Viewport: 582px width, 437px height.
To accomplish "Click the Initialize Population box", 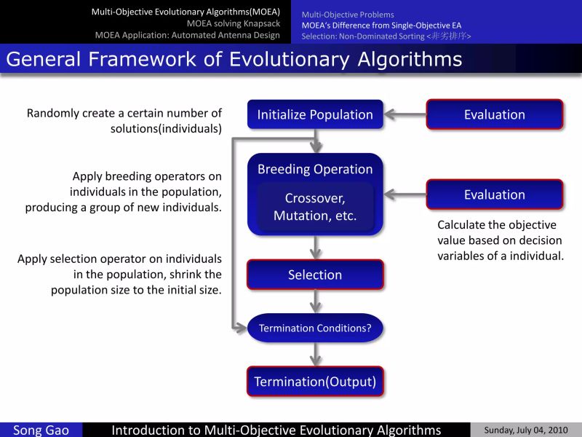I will click(x=315, y=114).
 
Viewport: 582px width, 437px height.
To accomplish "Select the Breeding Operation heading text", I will click(x=315, y=169).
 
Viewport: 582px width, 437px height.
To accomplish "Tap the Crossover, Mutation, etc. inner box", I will click(x=315, y=207).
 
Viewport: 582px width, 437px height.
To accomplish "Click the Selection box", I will click(x=315, y=275).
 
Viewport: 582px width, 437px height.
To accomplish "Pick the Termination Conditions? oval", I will click(x=315, y=328).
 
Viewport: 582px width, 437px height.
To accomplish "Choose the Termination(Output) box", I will click(x=315, y=382).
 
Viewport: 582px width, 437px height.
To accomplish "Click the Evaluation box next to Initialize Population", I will click(x=494, y=114).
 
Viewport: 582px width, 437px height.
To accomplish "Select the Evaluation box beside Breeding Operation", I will click(x=494, y=194).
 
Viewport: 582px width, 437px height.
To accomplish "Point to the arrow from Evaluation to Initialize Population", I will click(x=404, y=114).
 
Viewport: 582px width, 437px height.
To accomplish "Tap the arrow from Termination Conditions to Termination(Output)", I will click(x=315, y=354).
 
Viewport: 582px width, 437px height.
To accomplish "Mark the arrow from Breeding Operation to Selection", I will click(x=315, y=248).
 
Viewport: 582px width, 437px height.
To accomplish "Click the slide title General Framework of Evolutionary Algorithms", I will click(x=234, y=59).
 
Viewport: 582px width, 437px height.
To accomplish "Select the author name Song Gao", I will click(x=41, y=430).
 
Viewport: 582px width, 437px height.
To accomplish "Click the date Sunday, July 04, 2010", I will click(x=526, y=430).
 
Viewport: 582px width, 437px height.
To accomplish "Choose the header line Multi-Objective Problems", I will click(x=348, y=14).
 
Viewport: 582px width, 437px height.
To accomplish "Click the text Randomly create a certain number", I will click(x=124, y=114).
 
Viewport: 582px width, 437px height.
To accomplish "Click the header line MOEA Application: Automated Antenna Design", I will click(x=187, y=35).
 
